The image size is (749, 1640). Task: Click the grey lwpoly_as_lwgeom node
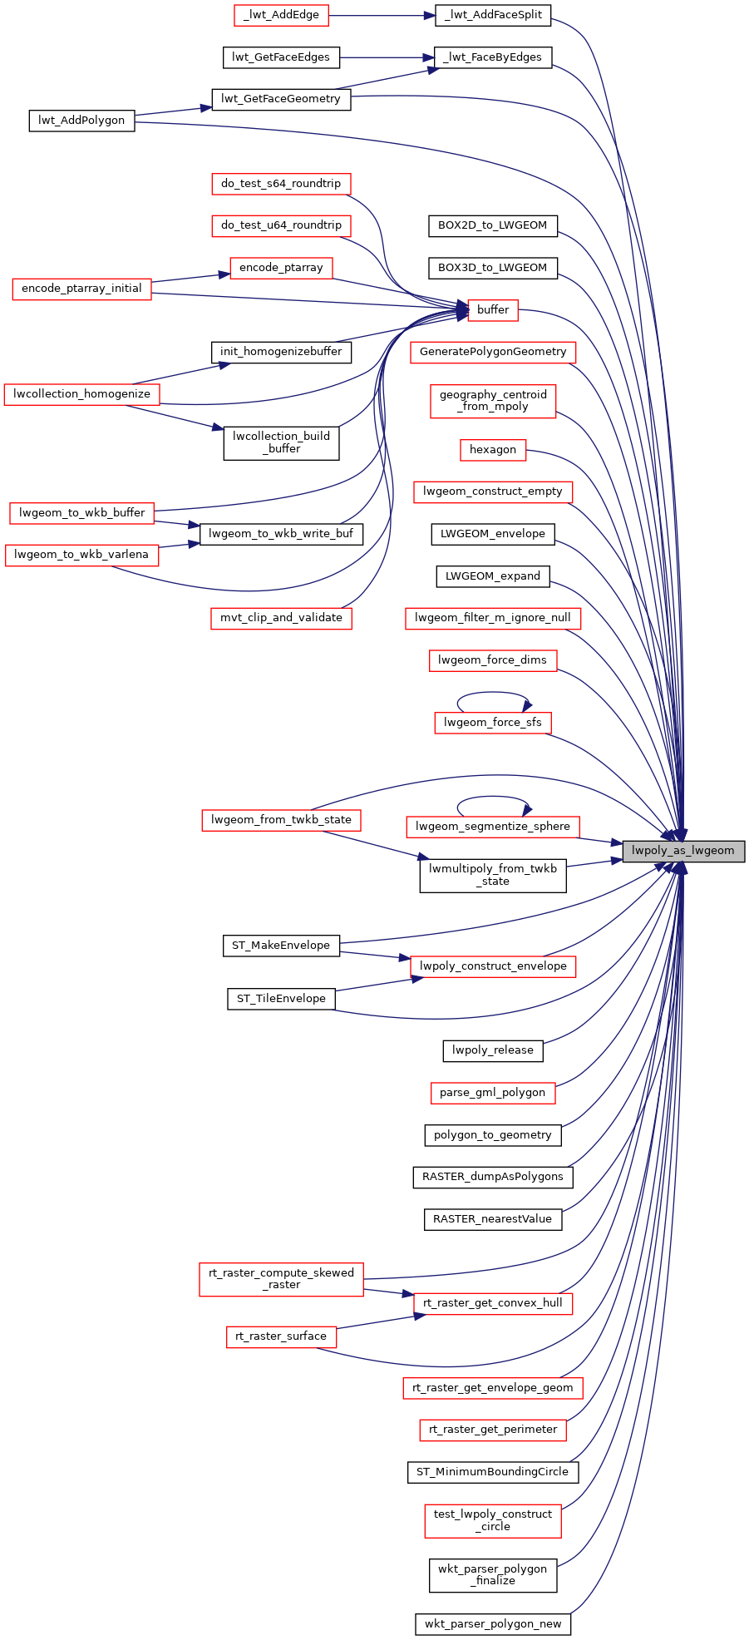coord(682,851)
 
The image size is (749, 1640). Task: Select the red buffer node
coord(493,310)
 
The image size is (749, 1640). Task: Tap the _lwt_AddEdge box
coord(281,15)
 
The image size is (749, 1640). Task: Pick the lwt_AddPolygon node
coord(81,121)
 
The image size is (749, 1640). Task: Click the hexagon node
coord(493,450)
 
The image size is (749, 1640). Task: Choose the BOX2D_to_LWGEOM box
coord(493,225)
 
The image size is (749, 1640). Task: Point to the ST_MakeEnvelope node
coord(281,946)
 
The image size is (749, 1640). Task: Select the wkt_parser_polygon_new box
coord(493,1624)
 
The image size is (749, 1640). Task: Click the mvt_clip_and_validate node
coord(281,618)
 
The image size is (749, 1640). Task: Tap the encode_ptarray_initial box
coord(81,289)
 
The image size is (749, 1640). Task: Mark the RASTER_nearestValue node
coord(493,1219)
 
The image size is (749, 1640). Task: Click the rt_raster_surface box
coord(281,1336)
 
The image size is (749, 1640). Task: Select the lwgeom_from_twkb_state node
coord(281,820)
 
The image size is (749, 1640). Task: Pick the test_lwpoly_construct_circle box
coord(493,1520)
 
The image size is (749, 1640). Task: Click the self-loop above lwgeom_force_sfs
coord(493,693)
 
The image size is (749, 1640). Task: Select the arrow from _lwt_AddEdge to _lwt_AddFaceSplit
coord(382,15)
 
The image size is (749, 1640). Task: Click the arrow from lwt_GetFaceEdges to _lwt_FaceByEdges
coord(387,57)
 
